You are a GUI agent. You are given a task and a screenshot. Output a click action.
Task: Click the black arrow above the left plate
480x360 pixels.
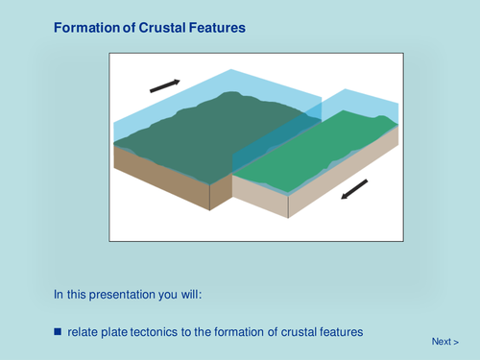coord(164,86)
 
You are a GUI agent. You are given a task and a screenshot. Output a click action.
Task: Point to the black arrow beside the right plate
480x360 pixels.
coord(354,190)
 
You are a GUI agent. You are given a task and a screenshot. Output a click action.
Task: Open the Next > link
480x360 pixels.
coord(444,342)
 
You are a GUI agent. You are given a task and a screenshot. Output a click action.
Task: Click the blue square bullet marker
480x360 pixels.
coord(58,331)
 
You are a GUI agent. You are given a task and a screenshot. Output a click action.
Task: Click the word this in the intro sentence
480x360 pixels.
coord(81,294)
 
